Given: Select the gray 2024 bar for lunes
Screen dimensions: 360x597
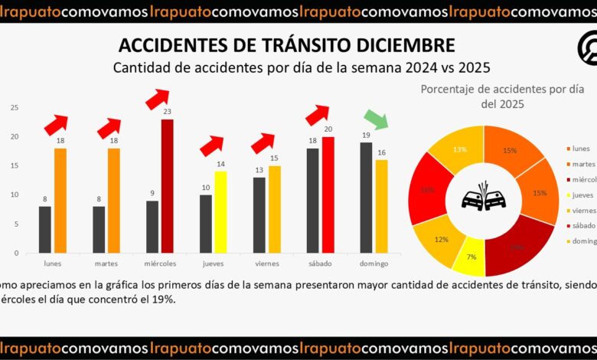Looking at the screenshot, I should coord(45,229).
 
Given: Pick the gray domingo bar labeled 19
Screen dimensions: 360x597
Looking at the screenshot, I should coord(366,198).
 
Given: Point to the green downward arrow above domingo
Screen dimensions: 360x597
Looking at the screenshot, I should coord(376,119).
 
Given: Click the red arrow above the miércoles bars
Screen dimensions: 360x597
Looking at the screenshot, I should coord(157,98).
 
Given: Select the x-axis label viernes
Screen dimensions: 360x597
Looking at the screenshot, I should coord(268,263).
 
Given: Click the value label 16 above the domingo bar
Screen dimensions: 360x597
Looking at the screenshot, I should coord(381,152).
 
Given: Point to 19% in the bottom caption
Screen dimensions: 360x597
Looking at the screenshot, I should coord(165,299).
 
